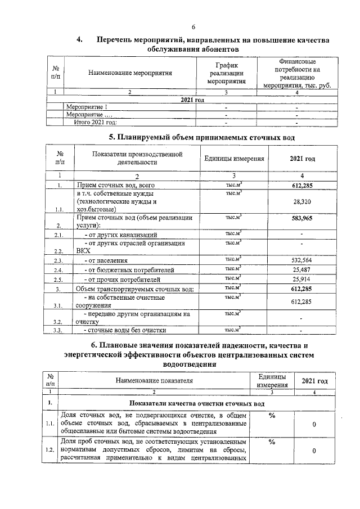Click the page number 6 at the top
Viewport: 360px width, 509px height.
pos(193,27)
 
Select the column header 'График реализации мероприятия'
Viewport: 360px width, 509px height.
pos(226,73)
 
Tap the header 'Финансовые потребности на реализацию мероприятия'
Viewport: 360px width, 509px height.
pos(296,73)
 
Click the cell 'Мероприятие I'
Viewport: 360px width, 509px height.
pos(87,106)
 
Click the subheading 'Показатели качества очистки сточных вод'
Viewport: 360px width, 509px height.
pos(196,403)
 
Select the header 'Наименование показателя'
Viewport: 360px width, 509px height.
pos(154,380)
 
